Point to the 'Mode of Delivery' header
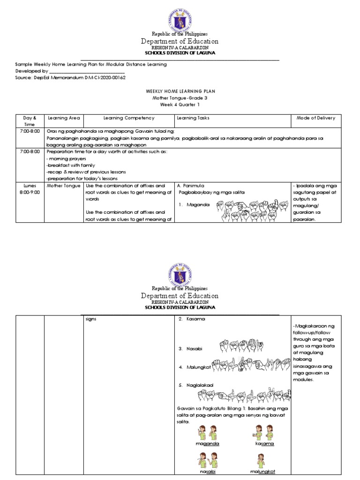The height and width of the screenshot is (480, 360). [x=316, y=118]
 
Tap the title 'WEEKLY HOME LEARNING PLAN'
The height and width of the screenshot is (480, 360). [x=180, y=91]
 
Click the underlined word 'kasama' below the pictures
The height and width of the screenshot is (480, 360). [x=264, y=443]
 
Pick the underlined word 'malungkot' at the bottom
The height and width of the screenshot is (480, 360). [x=262, y=472]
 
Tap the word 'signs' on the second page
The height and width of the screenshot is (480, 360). [x=90, y=319]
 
